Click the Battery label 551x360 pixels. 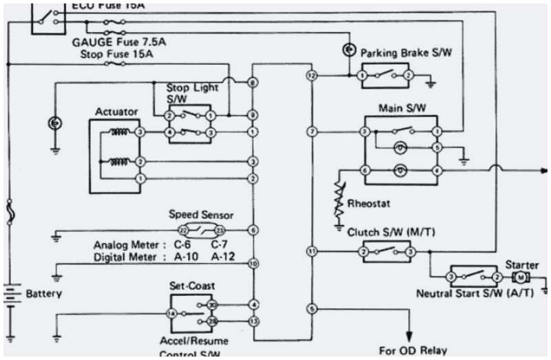(x=43, y=294)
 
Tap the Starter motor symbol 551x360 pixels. (x=522, y=277)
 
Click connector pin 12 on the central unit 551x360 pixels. (x=312, y=74)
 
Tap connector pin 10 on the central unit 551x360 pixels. (x=253, y=263)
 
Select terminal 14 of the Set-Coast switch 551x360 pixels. (x=172, y=313)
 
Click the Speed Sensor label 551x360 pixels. (x=201, y=215)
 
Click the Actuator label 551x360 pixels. (x=116, y=112)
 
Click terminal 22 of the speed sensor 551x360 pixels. (x=183, y=230)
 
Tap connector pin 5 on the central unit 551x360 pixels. (x=312, y=309)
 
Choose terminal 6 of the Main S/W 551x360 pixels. (x=365, y=169)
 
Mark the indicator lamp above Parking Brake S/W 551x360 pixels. (x=349, y=50)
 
